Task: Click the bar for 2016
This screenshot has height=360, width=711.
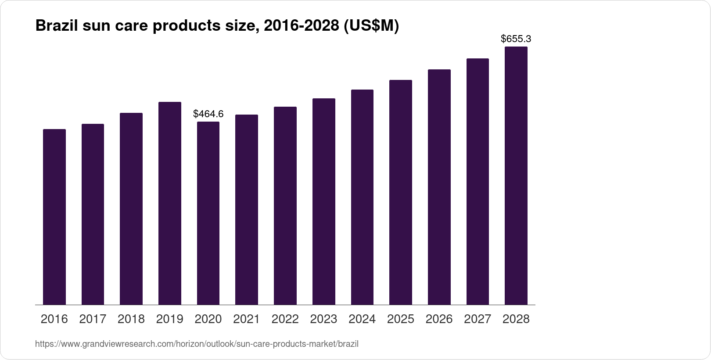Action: coord(54,217)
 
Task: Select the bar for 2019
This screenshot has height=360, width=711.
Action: coord(170,203)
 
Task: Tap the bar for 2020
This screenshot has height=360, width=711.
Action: coord(208,213)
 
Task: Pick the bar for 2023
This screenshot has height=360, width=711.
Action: coord(324,202)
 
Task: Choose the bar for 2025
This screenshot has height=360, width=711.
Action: coord(401,192)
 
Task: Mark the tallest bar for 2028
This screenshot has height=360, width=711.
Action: coord(516,176)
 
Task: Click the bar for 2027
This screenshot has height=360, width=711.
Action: coord(478,181)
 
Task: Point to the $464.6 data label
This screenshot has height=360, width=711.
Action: coord(208,114)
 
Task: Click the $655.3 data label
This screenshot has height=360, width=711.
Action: coord(516,39)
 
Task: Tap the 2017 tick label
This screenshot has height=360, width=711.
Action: coord(93,319)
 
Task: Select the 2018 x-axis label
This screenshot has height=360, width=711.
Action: coord(131,319)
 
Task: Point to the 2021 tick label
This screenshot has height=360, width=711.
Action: coord(247,319)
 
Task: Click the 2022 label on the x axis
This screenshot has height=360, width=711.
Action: coord(285,319)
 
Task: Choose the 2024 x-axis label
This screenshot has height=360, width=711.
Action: coord(362,319)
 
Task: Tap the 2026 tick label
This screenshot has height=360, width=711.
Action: coord(439,319)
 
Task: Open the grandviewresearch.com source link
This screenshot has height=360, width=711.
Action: coord(197,344)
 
